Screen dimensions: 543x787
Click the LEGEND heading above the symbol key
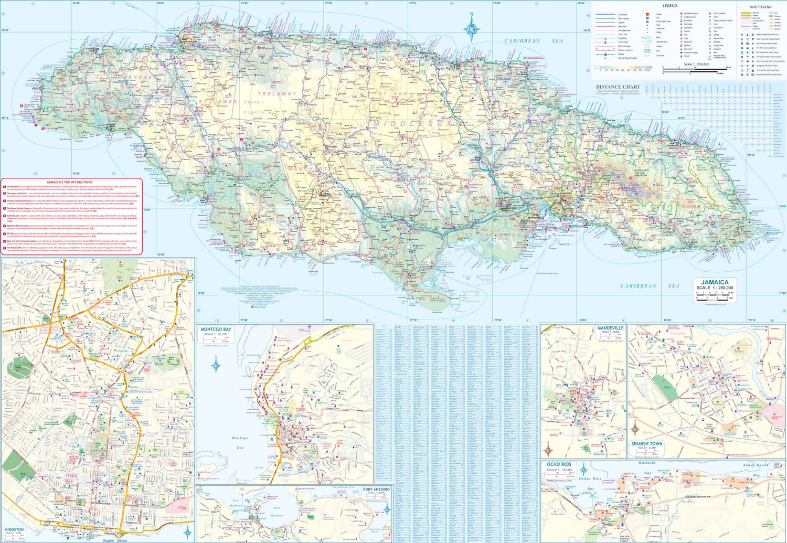pos(669,6)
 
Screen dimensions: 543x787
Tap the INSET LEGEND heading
pos(760,7)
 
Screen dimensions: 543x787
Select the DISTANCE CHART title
pos(618,87)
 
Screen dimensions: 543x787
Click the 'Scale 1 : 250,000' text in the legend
pos(696,65)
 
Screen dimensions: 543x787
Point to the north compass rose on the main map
pos(471,27)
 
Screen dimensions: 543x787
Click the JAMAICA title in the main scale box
pos(715,282)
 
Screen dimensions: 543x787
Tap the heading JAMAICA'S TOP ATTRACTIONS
pos(69,182)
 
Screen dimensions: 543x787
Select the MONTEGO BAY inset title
pos(216,329)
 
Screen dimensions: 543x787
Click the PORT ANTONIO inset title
pos(376,489)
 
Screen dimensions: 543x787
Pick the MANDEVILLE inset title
pos(610,328)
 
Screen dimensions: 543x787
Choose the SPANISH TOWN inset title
pos(646,444)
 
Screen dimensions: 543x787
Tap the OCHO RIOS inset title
pos(559,464)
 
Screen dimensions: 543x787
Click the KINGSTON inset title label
pos(14,530)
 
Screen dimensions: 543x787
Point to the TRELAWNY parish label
pos(276,94)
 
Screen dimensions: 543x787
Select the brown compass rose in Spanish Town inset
pos(636,430)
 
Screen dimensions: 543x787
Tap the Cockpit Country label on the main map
pos(254,107)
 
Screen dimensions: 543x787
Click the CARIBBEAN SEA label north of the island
pos(533,41)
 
